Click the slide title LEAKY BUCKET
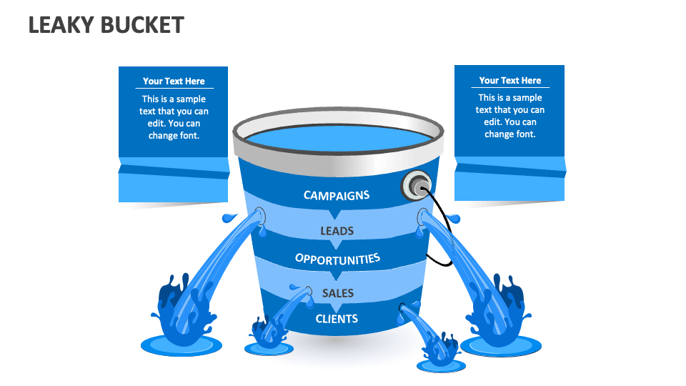click(106, 25)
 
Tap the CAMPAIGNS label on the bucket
click(336, 195)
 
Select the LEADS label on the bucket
click(337, 231)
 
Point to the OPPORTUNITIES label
click(337, 259)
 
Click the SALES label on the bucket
click(337, 293)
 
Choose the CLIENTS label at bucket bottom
click(337, 318)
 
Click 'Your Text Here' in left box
click(174, 81)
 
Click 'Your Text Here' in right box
click(509, 81)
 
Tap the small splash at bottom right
click(440, 350)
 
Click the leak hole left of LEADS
click(259, 214)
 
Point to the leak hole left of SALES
click(307, 291)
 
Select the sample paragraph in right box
click(509, 116)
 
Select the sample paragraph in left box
click(174, 117)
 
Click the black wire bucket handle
click(447, 229)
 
